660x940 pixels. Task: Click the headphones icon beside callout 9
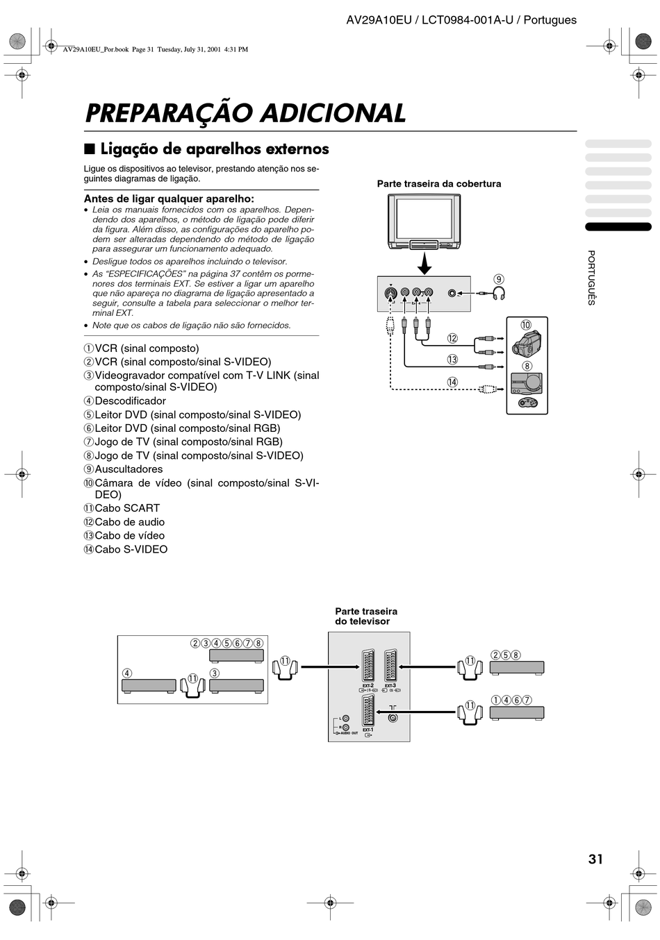pos(498,294)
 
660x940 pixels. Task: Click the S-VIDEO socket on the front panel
pos(390,292)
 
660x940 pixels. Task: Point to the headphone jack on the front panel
pos(452,293)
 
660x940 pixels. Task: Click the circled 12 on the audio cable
pos(452,338)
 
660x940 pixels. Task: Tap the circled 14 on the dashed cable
pos(452,382)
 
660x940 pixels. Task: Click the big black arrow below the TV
pos(424,263)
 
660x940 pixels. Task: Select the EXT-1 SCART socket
pos(368,710)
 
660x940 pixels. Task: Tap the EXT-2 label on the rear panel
pos(368,685)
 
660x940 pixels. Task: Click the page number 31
pos(595,859)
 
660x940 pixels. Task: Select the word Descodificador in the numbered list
pos(131,401)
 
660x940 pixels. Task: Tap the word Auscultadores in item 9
pos(129,469)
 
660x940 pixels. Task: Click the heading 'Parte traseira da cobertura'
pos(438,184)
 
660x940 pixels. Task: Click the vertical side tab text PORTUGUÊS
pos(591,277)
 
